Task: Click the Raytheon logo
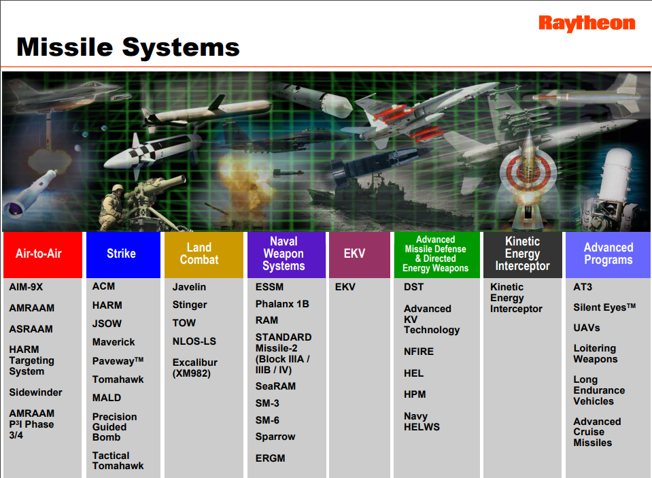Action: [587, 24]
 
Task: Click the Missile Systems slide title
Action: [128, 47]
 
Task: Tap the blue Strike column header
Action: [122, 254]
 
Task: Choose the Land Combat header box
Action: [203, 254]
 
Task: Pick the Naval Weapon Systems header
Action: [286, 254]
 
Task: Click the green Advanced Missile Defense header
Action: [436, 254]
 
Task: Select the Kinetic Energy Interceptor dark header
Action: [522, 254]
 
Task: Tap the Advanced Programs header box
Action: [608, 254]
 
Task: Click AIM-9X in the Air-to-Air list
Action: [25, 287]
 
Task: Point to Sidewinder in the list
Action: [35, 392]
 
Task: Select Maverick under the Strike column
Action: [114, 342]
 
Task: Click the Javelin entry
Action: [189, 287]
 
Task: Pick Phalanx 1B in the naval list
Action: [282, 303]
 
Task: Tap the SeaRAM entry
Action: [275, 386]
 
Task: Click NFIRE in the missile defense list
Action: [418, 352]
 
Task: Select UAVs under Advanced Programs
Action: [587, 328]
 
